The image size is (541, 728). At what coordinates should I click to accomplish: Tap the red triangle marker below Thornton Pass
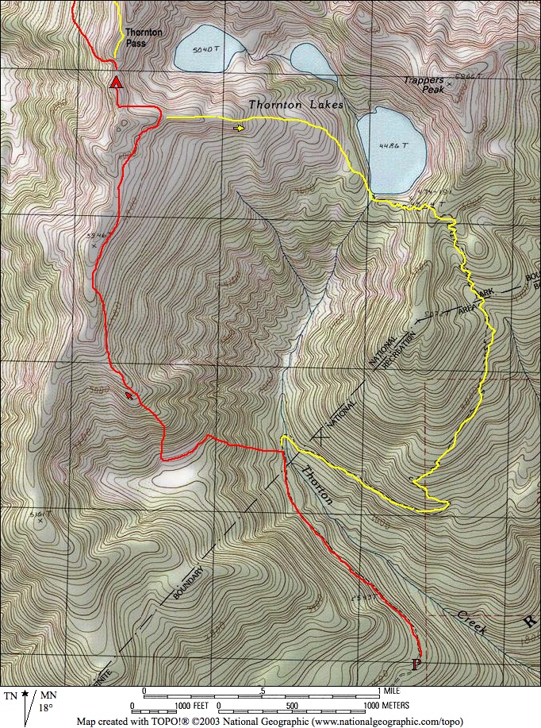[117, 83]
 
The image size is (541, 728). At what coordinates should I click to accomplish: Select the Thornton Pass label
[144, 37]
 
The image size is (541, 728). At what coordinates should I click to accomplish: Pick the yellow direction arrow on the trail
[239, 127]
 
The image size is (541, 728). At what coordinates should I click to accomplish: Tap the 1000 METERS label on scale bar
[387, 705]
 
